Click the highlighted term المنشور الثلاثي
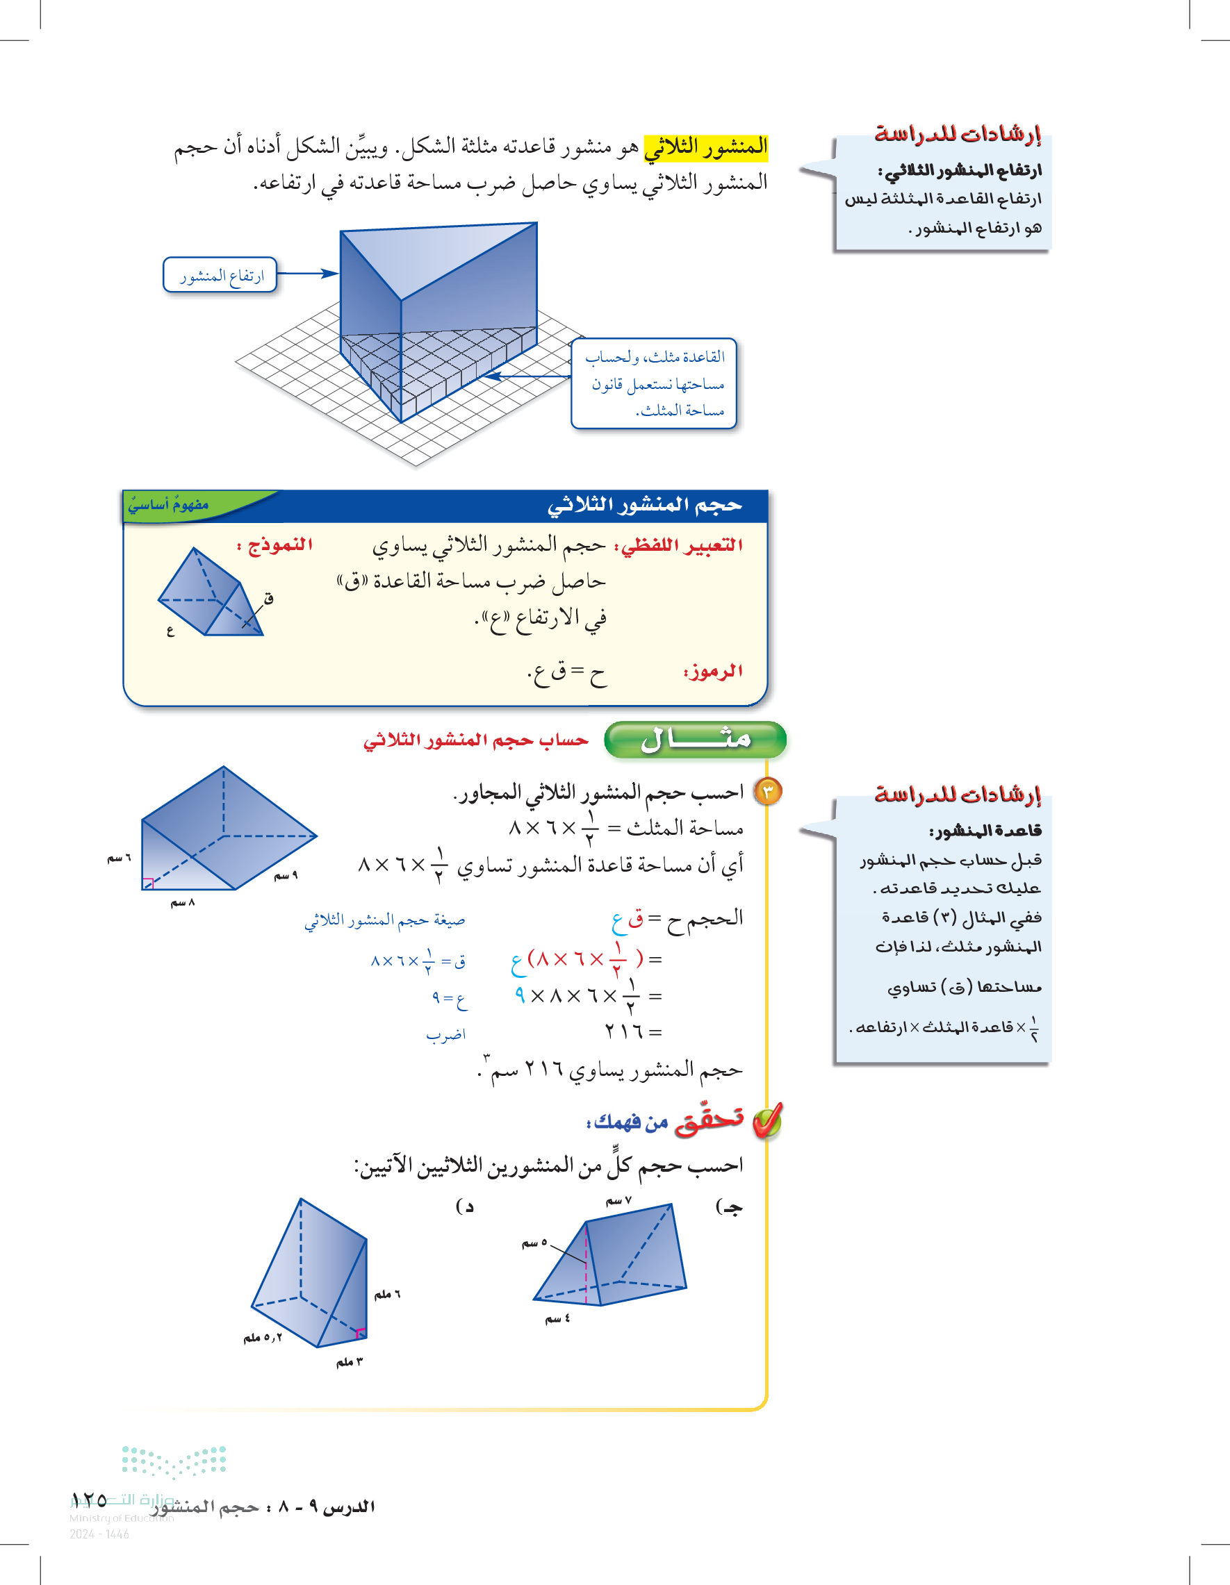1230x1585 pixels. tap(705, 147)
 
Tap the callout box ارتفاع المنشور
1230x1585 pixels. tap(221, 275)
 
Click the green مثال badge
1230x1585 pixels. tap(695, 740)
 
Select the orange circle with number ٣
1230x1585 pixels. tap(768, 791)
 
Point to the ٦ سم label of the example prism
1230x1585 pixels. tap(119, 858)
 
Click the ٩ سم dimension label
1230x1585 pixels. tap(286, 876)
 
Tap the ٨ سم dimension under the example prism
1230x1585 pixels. tap(182, 903)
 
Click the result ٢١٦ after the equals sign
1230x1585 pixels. tap(623, 1031)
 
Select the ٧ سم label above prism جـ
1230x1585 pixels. tap(618, 1201)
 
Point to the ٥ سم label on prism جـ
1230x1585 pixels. tap(534, 1243)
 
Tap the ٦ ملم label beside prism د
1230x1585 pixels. tap(387, 1294)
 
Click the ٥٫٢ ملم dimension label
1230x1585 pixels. tap(262, 1337)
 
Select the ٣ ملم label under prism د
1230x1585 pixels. tap(350, 1362)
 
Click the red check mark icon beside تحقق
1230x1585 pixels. tap(766, 1121)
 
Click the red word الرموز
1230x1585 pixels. tap(713, 672)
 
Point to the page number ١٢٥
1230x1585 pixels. tap(90, 1500)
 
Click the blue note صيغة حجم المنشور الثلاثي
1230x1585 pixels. tap(385, 920)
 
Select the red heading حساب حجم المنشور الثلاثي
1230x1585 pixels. tap(475, 740)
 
